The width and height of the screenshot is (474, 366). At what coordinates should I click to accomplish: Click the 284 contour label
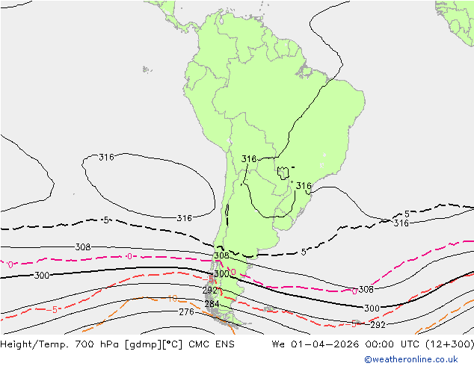[212, 304]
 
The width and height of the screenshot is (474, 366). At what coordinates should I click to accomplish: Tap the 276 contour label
[186, 311]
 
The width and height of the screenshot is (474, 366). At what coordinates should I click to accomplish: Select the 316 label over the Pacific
[107, 158]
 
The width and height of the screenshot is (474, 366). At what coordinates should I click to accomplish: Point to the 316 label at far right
[401, 223]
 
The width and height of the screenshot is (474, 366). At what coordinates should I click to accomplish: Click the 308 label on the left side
[83, 247]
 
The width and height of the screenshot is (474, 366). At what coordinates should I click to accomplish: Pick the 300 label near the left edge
[42, 276]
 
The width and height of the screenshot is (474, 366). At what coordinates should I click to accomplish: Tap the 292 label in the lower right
[378, 325]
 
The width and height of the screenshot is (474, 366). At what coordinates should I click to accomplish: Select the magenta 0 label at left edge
[10, 264]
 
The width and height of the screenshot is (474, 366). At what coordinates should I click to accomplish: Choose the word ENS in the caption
[224, 344]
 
